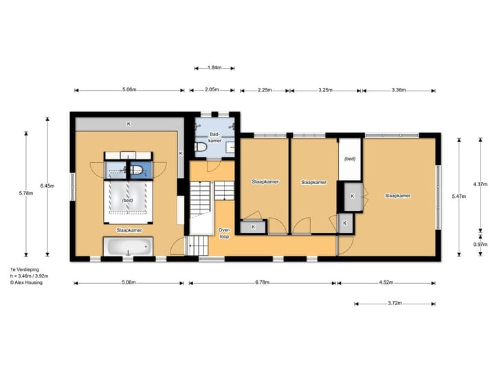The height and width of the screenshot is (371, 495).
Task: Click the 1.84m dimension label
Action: click(x=214, y=68)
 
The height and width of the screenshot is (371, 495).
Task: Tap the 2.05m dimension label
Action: click(x=212, y=90)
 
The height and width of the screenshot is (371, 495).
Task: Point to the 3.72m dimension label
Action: click(x=394, y=303)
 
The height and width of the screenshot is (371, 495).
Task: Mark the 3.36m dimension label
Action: click(x=398, y=90)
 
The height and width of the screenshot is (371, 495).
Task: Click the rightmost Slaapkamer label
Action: click(x=397, y=196)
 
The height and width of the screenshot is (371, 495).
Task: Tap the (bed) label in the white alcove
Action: click(x=349, y=159)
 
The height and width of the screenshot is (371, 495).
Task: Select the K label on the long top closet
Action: click(x=128, y=124)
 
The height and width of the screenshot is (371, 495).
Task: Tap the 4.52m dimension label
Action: click(x=385, y=282)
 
